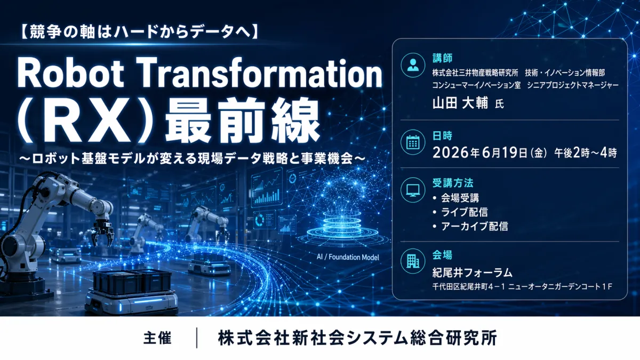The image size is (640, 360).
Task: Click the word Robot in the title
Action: tap(70, 73)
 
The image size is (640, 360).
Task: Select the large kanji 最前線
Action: tap(242, 120)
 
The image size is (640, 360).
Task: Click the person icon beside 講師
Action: tap(413, 65)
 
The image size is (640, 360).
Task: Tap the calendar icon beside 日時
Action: tap(413, 142)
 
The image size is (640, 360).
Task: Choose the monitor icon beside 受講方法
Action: tap(413, 190)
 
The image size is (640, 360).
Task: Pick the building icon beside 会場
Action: tap(413, 261)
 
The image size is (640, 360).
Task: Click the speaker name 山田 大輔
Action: tap(460, 103)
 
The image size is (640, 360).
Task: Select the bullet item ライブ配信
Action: tap(465, 212)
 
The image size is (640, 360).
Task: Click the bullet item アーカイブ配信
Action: tap(475, 226)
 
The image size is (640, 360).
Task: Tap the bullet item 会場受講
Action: tap(460, 198)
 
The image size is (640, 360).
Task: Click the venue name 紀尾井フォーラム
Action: tap(473, 273)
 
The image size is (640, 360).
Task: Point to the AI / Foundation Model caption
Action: tap(348, 257)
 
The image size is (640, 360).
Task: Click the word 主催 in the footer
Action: tap(157, 338)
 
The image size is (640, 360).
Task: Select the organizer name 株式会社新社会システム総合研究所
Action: tap(357, 338)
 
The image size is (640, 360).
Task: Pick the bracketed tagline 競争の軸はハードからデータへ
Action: tap(140, 31)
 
